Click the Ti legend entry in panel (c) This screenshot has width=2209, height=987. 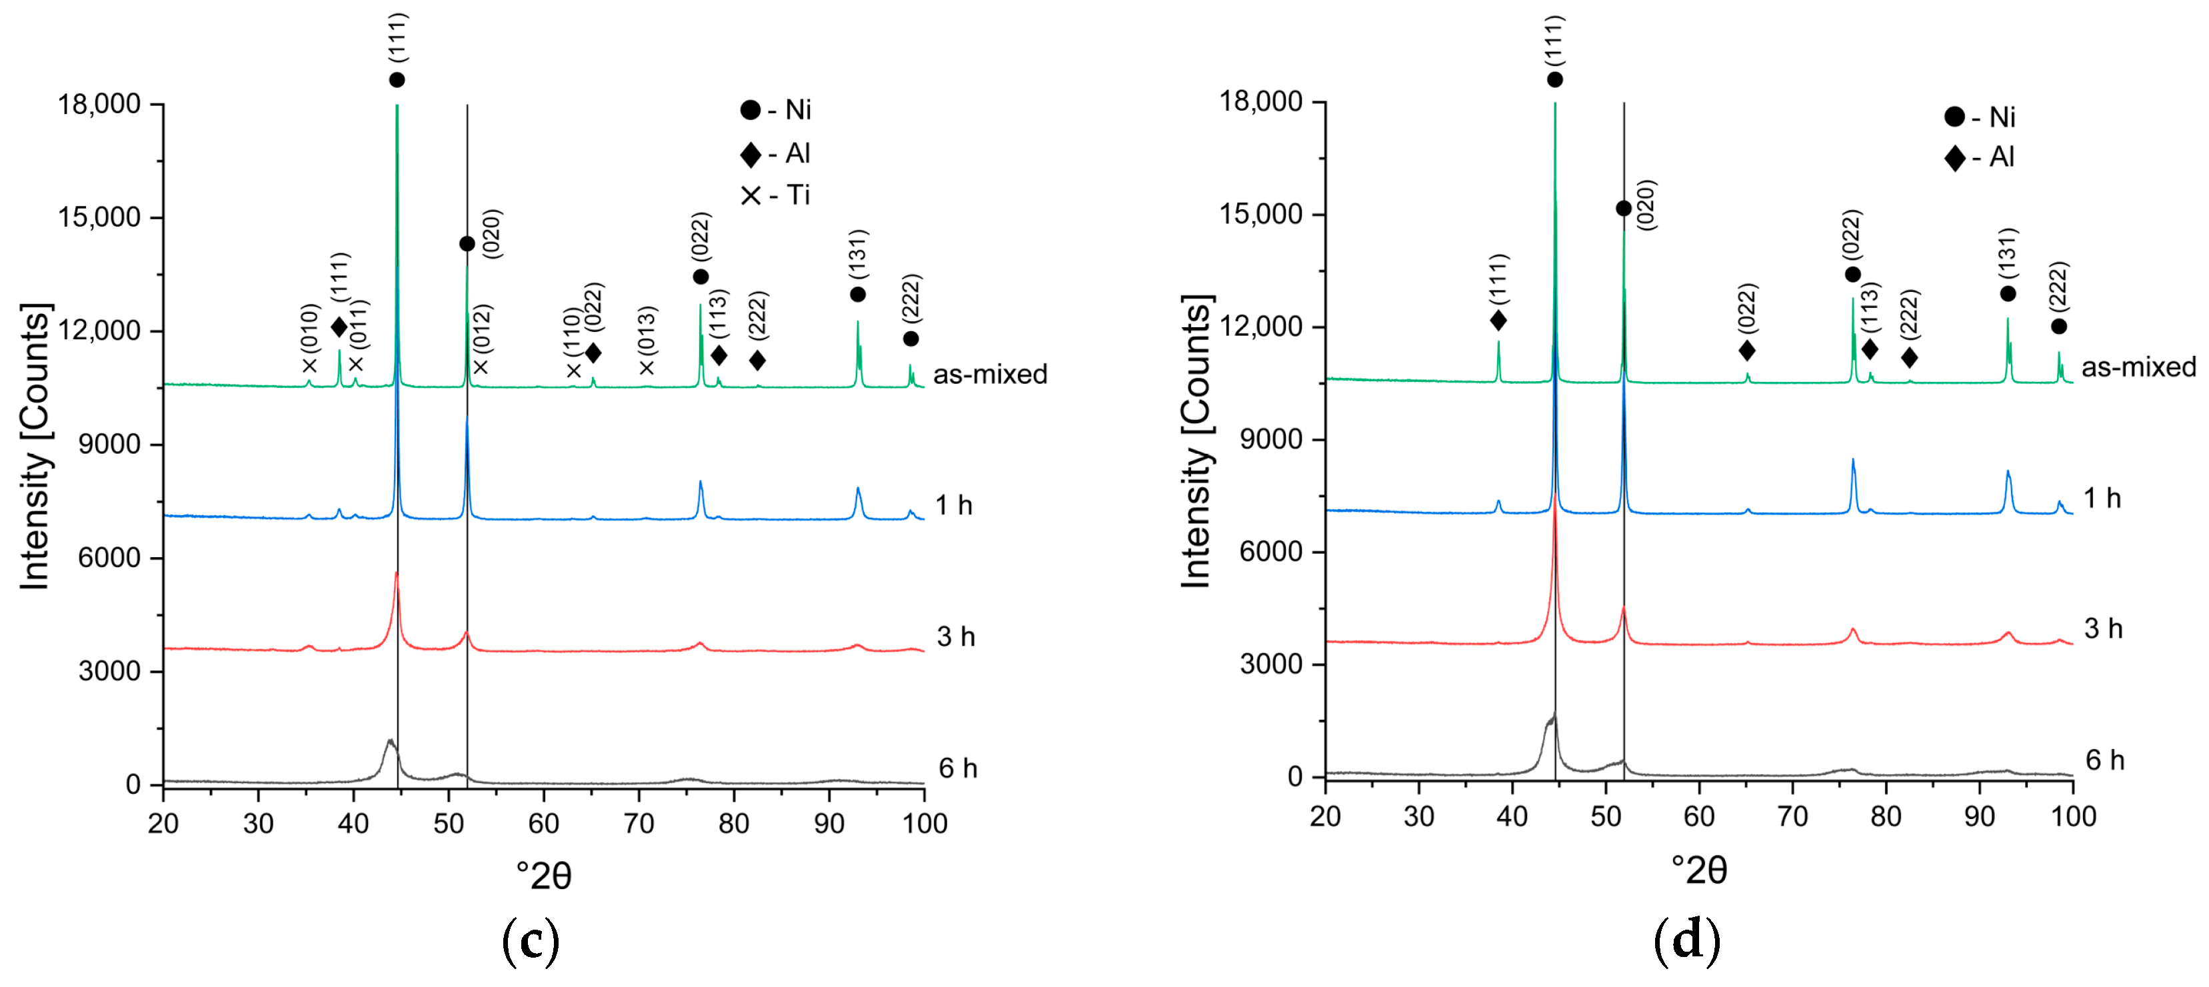(776, 195)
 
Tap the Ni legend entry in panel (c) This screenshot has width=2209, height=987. (776, 110)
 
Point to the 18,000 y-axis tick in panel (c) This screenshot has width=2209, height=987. (99, 105)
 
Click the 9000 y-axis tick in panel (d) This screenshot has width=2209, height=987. (1271, 439)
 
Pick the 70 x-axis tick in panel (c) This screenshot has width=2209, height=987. (638, 823)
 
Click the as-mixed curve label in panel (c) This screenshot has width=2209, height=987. (990, 375)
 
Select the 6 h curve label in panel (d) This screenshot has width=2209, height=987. (2104, 760)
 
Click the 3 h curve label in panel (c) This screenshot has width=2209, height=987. (955, 636)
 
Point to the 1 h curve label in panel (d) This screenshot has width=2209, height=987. (2102, 498)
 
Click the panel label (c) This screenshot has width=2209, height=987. (530, 941)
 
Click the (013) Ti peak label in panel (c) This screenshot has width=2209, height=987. (647, 330)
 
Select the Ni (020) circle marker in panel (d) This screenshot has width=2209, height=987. (1623, 209)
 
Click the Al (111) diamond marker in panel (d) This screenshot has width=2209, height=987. (1498, 321)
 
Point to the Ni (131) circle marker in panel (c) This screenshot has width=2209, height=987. (857, 294)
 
